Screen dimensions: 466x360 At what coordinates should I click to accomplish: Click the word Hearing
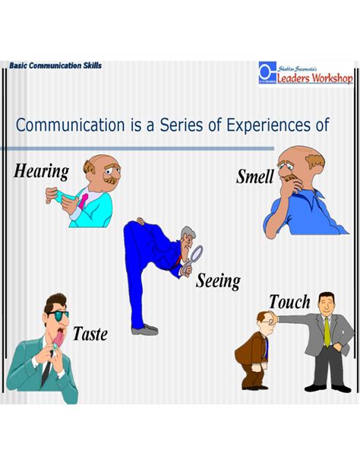pyautogui.click(x=42, y=170)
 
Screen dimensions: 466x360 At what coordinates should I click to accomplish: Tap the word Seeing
pyautogui.click(x=218, y=281)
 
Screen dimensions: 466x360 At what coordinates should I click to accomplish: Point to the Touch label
pyautogui.click(x=289, y=302)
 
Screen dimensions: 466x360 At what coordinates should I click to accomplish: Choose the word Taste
pyautogui.click(x=90, y=333)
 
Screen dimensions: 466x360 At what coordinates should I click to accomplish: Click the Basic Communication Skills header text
pyautogui.click(x=55, y=66)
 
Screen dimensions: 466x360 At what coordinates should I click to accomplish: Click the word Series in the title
pyautogui.click(x=184, y=125)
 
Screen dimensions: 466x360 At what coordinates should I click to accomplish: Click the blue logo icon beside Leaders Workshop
pyautogui.click(x=266, y=73)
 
